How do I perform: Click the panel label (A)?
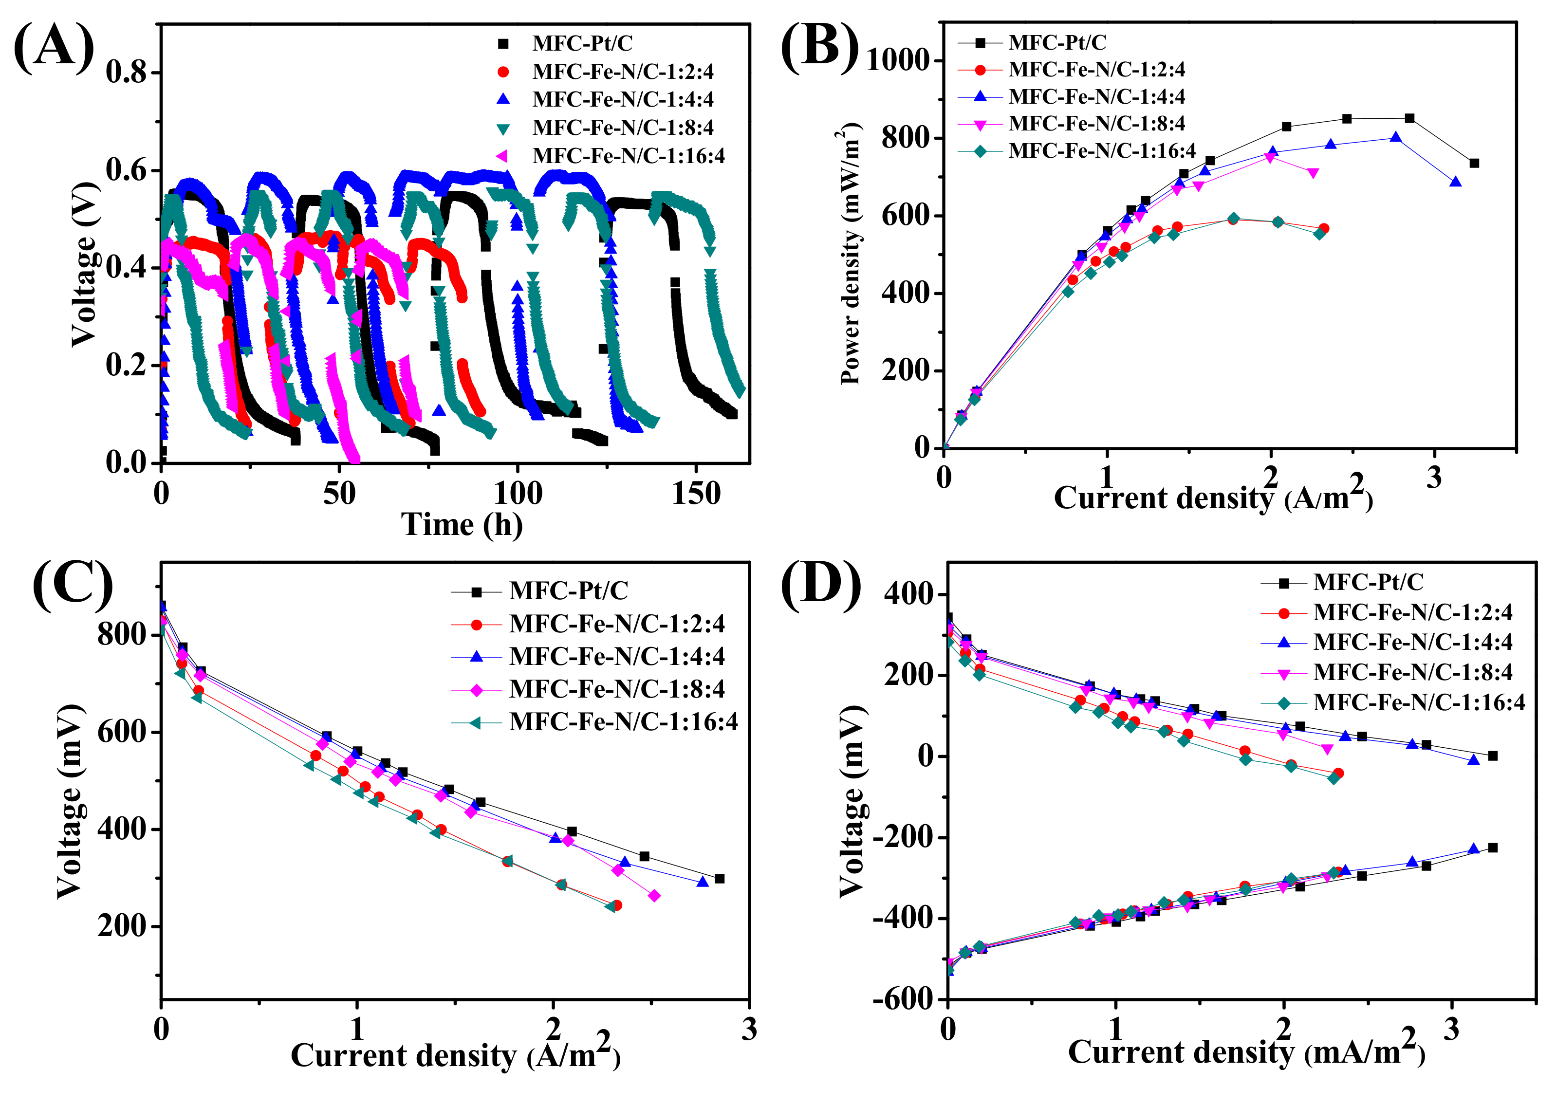pos(55,46)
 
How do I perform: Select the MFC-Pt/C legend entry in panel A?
pos(582,44)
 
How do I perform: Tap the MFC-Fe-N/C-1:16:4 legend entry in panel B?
pos(1101,150)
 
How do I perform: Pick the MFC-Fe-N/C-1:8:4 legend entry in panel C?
pos(616,689)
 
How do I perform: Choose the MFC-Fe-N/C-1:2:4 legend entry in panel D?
pos(1411,612)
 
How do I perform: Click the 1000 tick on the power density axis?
pos(897,61)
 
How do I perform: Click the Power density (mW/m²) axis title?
pos(849,254)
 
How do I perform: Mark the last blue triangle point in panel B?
pos(1455,183)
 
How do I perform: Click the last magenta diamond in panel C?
pos(654,896)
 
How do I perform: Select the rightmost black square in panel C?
pos(719,879)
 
